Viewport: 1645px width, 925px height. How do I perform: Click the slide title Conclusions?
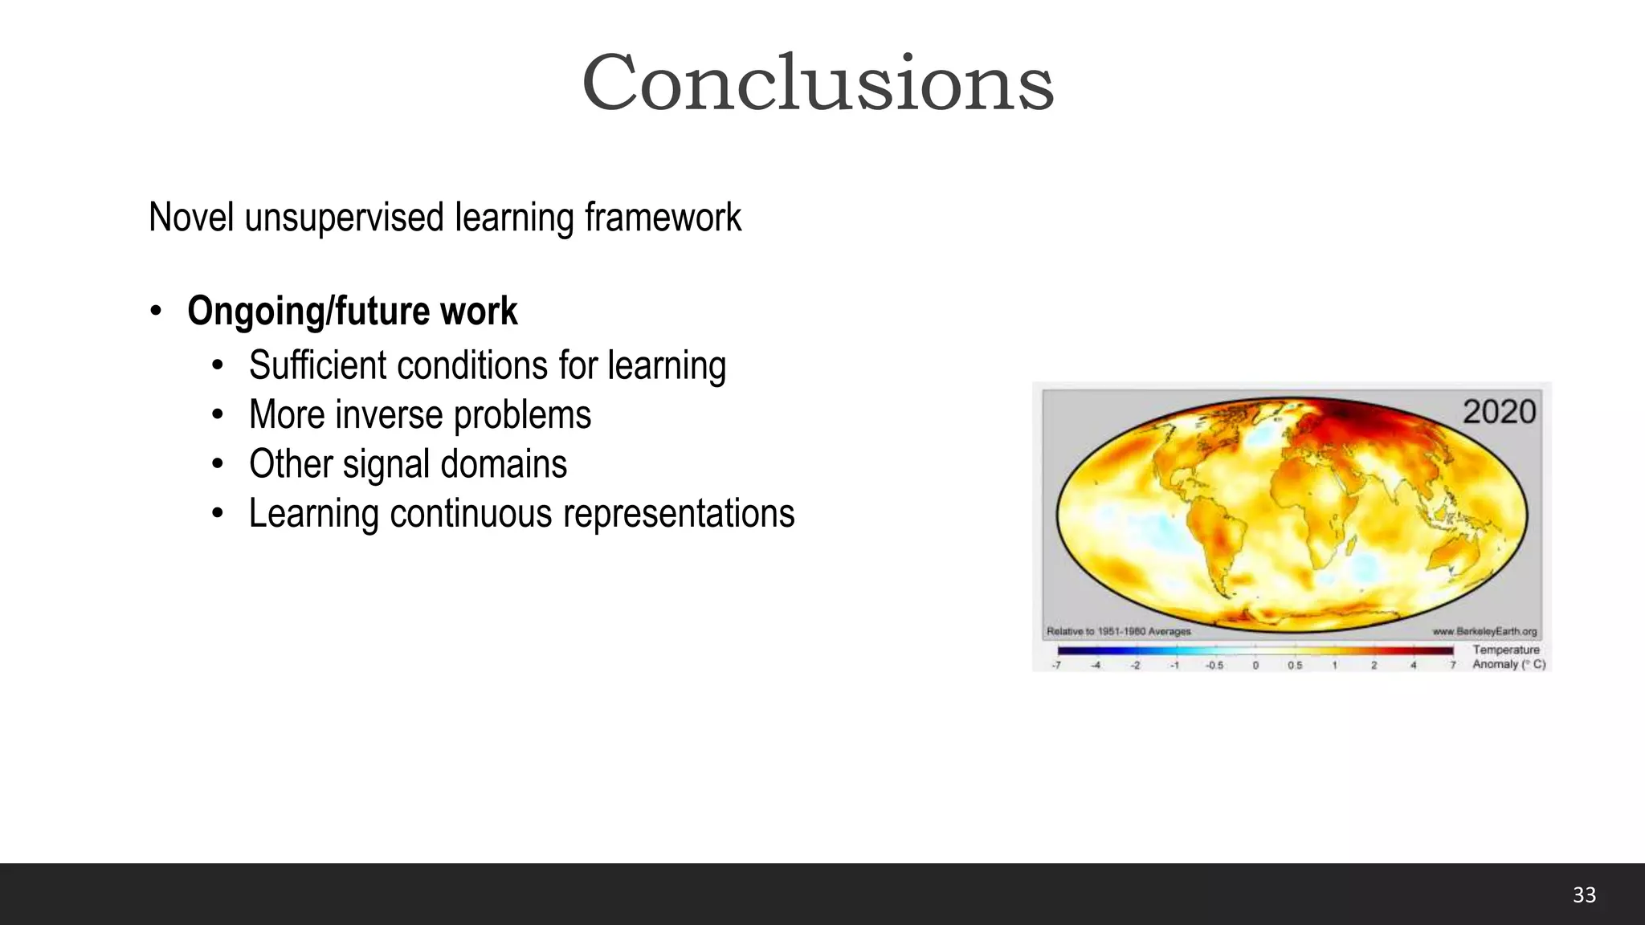818,83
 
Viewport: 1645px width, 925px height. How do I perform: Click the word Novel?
191,218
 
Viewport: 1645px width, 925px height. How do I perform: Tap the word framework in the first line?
663,218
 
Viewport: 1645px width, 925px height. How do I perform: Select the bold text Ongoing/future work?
352,312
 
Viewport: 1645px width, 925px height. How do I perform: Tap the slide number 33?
1584,895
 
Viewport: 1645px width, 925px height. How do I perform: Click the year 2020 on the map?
1499,412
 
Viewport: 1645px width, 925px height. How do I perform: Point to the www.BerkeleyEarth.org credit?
1484,632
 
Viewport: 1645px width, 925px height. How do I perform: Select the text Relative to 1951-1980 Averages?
1118,632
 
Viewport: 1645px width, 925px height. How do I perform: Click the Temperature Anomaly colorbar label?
1508,657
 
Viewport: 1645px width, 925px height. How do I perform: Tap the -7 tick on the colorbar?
1056,666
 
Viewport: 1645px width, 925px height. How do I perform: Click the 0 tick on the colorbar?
1255,666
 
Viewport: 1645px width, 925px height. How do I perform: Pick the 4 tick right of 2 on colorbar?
1413,666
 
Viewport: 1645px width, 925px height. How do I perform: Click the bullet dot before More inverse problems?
217,416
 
